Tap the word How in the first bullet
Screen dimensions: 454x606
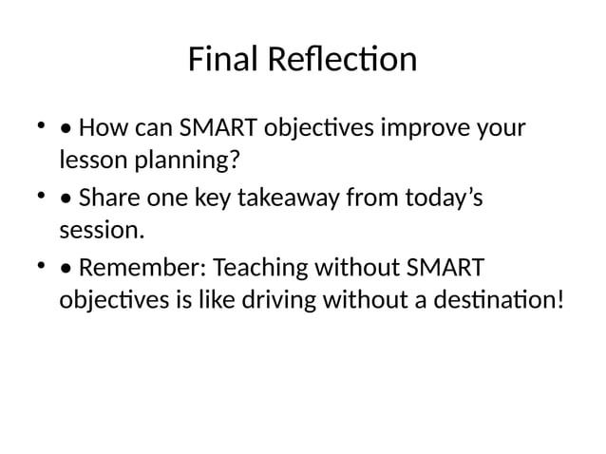[100, 127]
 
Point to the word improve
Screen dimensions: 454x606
[423, 127]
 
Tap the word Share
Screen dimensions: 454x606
[106, 199]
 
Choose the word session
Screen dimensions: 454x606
[102, 230]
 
